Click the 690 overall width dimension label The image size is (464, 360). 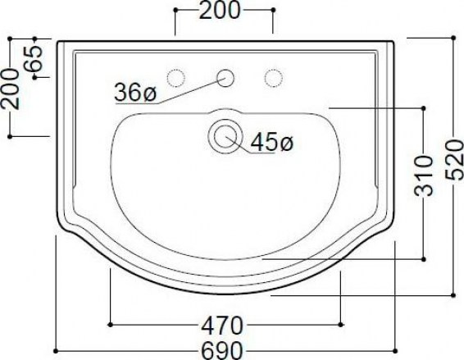[x=222, y=351]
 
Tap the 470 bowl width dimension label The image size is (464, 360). [x=222, y=325]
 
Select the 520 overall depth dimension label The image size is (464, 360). [x=454, y=161]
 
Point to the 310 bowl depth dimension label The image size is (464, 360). [x=424, y=176]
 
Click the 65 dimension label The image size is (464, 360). [x=34, y=58]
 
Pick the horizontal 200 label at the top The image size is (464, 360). [x=220, y=11]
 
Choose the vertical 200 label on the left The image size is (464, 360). [x=11, y=89]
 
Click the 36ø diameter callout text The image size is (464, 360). [x=135, y=92]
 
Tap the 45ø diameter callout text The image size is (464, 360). [x=271, y=142]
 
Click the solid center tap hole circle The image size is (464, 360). [x=225, y=78]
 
